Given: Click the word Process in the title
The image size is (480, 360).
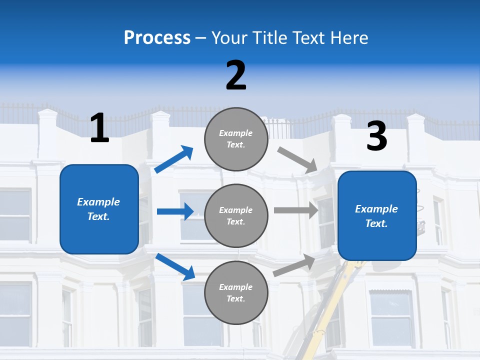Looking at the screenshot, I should [x=157, y=37].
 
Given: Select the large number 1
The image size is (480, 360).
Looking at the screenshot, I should [x=99, y=128].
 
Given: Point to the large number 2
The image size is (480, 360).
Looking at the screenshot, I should [x=236, y=75].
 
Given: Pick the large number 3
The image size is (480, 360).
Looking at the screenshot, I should [x=376, y=136].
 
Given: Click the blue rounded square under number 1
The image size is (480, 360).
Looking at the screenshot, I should [x=99, y=209].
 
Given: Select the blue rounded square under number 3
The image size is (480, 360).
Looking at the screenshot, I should [x=377, y=216].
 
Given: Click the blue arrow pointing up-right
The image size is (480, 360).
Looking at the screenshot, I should [x=174, y=159].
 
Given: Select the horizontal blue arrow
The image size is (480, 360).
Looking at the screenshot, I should [x=175, y=211].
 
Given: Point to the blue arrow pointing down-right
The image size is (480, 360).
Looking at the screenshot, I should [x=175, y=266].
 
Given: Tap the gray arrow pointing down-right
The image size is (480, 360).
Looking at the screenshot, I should [x=297, y=160].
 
